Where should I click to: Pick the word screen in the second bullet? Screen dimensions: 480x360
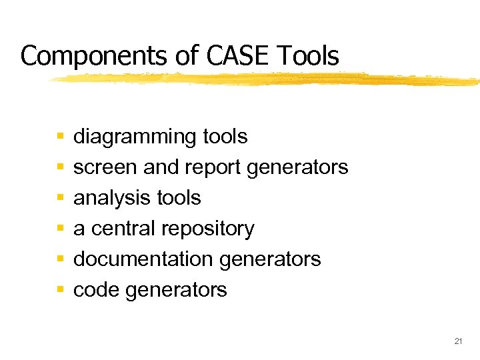[105, 167]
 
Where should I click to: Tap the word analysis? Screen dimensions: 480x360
[110, 198]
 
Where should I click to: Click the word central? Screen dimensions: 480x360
[121, 228]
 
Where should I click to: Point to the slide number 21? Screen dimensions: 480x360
[458, 341]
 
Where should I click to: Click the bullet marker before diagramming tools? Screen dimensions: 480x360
[60, 137]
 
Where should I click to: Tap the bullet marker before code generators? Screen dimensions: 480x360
[60, 290]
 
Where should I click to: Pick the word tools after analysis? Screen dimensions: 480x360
[177, 198]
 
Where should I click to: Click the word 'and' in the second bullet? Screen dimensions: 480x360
[161, 167]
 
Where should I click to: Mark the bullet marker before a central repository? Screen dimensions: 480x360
[60, 229]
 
